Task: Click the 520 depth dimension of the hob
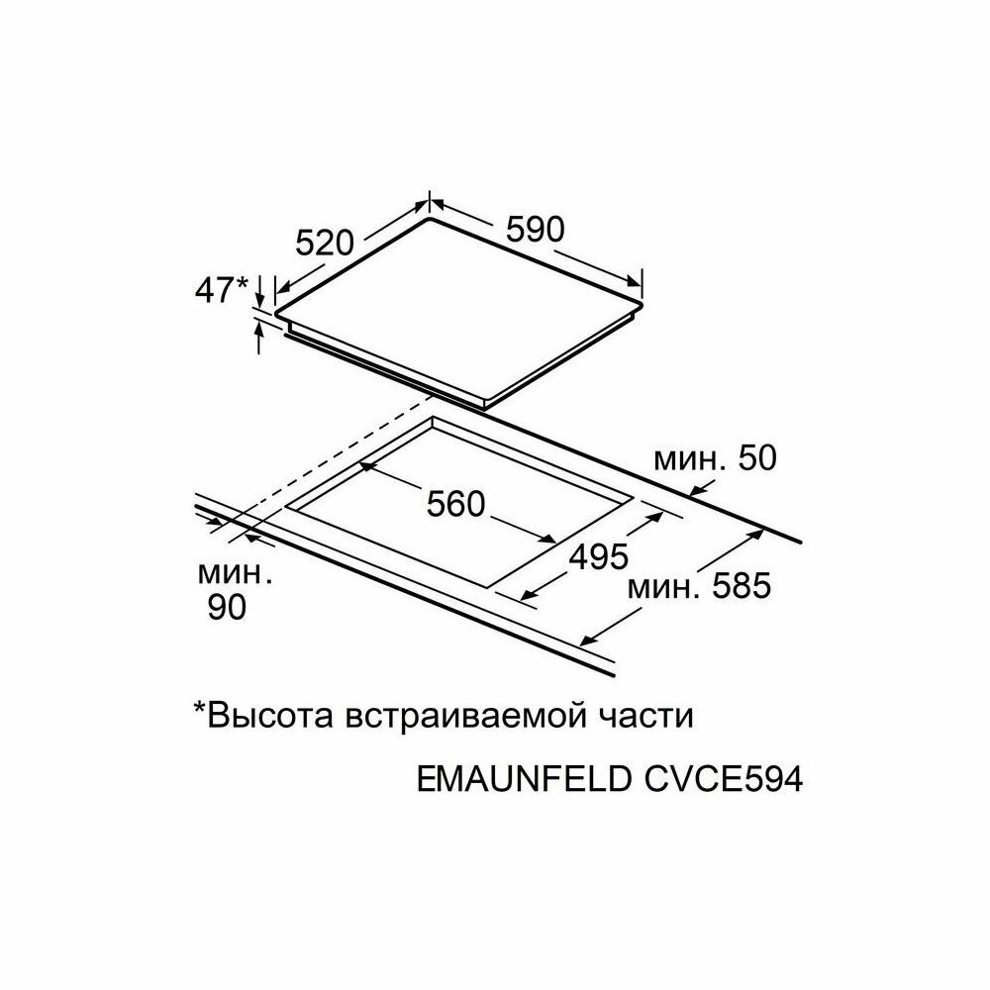(x=325, y=241)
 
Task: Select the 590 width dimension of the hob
(x=535, y=229)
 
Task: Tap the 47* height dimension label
(x=220, y=290)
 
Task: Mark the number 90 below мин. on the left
(x=227, y=608)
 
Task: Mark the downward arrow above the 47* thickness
(x=259, y=292)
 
